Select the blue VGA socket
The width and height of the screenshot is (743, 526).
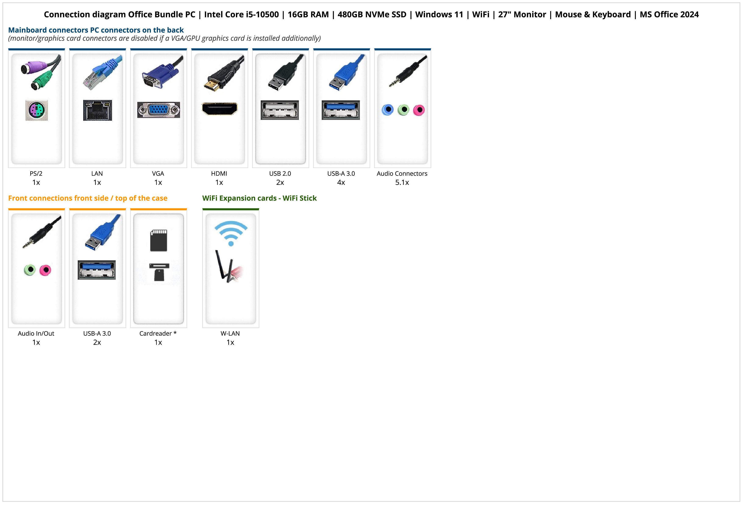pos(159,110)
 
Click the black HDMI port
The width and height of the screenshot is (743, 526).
pos(219,109)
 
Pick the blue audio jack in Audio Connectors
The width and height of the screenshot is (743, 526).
pos(388,110)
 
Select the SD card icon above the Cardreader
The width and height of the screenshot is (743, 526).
pos(159,240)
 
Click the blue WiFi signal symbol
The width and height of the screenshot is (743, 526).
pos(231,233)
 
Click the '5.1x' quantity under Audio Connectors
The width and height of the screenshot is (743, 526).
pos(402,182)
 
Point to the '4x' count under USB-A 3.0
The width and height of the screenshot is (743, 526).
pos(341,182)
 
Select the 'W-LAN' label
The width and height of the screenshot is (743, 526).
pos(230,334)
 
